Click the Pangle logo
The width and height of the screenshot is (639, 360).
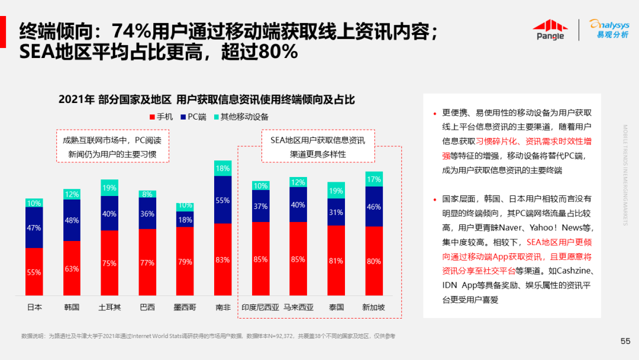[550, 29]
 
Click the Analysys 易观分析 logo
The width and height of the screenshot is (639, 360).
[609, 28]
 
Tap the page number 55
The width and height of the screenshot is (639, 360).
[625, 341]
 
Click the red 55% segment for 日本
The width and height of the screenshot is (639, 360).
[34, 272]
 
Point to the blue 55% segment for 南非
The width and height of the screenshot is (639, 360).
[223, 200]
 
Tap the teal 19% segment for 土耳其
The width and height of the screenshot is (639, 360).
[109, 188]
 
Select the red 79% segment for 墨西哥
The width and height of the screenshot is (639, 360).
[185, 261]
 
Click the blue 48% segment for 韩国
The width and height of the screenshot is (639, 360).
[72, 220]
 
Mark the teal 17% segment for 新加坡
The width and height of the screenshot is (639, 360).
[374, 179]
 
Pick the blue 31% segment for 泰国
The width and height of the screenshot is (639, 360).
[336, 212]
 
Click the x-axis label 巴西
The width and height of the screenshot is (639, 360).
[147, 307]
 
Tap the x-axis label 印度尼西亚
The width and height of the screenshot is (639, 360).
[260, 307]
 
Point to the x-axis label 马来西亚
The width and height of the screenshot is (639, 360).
[298, 307]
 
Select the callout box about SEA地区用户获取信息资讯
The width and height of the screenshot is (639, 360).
[318, 147]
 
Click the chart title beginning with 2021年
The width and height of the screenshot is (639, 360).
[207, 99]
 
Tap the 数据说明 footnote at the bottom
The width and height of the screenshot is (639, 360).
[208, 336]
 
